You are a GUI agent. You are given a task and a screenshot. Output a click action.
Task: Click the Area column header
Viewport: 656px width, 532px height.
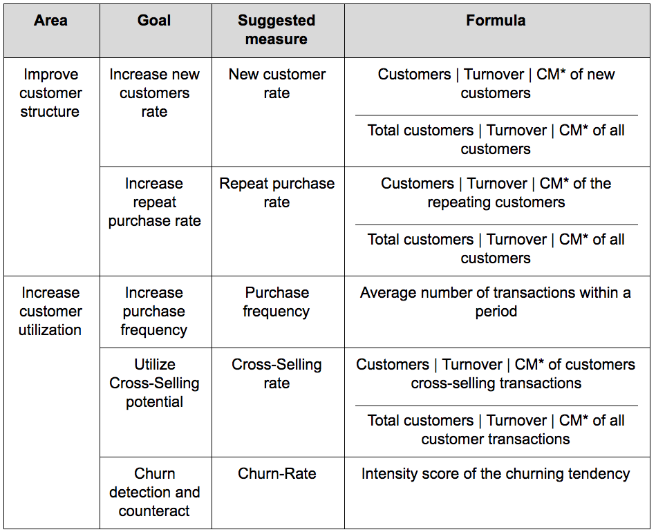[x=50, y=21]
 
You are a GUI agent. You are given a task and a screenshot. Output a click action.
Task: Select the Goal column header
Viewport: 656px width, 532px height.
[x=154, y=21]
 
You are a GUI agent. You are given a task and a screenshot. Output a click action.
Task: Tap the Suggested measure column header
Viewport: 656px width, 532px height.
[x=277, y=30]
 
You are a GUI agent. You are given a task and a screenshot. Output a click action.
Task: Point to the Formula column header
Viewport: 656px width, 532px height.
[x=496, y=21]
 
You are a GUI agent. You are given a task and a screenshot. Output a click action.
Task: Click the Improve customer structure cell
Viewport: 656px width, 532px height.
[x=50, y=93]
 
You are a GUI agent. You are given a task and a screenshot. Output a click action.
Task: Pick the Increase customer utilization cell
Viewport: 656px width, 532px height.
[x=50, y=311]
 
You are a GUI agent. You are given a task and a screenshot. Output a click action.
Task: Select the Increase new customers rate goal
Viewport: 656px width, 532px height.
[x=154, y=93]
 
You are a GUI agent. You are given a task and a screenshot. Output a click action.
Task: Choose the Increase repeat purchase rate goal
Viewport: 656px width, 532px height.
[x=154, y=202]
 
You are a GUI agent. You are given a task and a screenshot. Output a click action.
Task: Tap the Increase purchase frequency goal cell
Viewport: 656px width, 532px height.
[x=154, y=311]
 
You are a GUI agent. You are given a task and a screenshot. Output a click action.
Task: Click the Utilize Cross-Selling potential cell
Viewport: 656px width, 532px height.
[x=154, y=383]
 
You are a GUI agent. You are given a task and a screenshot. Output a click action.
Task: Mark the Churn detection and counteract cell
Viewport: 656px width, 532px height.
[x=154, y=492]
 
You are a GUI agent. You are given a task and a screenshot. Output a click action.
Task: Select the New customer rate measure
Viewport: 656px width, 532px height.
[x=277, y=84]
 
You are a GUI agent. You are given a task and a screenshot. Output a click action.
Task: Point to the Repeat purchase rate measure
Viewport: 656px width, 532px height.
[x=277, y=193]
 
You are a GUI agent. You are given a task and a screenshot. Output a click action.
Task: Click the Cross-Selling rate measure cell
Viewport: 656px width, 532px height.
[x=277, y=374]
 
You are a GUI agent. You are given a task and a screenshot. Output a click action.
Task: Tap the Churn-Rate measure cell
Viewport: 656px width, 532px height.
[x=277, y=474]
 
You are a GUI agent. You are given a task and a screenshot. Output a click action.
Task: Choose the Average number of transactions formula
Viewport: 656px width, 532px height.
[x=496, y=302]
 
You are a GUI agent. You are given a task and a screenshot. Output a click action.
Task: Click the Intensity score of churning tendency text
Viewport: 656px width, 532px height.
[x=496, y=474]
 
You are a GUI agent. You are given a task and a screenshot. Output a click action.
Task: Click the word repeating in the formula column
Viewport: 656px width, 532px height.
[x=458, y=202]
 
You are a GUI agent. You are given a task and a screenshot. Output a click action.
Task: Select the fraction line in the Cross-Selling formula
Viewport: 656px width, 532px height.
[x=496, y=406]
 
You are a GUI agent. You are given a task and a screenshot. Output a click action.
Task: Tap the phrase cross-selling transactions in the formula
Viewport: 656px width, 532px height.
[x=496, y=383]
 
